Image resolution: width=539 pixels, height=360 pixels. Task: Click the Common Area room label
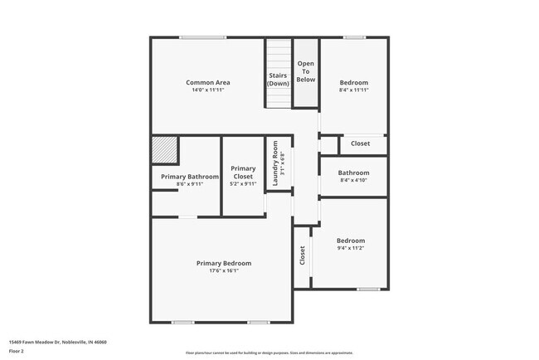(207, 82)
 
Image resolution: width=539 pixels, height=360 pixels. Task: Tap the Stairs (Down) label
(278, 80)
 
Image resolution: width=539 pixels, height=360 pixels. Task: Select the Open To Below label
(306, 72)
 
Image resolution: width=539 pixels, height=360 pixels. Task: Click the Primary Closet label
(243, 173)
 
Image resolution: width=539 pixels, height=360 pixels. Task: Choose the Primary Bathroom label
(190, 177)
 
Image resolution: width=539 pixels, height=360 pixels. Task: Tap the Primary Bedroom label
(223, 263)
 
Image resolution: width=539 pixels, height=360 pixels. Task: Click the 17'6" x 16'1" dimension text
(223, 270)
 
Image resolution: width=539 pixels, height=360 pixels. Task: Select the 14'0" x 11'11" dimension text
(207, 90)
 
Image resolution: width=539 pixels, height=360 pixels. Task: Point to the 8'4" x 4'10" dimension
(354, 180)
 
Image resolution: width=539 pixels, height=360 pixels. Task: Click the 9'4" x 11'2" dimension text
(351, 248)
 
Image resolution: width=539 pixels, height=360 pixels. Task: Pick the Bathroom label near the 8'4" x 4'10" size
(354, 173)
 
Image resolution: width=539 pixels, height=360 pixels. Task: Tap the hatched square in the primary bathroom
(165, 151)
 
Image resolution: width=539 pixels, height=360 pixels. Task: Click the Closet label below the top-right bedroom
(361, 144)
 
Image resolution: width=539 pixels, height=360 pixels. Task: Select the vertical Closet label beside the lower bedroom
(303, 255)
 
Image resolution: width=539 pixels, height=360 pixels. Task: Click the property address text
(58, 342)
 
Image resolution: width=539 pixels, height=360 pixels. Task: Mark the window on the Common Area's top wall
(203, 36)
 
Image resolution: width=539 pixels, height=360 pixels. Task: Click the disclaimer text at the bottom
(269, 353)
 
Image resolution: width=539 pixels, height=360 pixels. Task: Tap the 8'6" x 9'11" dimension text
(190, 184)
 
